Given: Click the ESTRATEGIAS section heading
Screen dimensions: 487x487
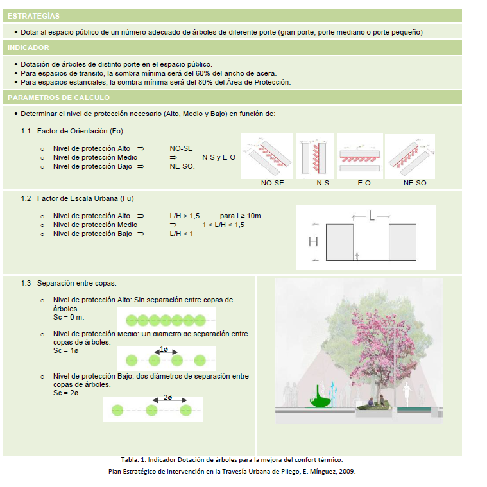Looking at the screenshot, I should tap(34, 16).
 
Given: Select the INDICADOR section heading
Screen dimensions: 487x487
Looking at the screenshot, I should tap(28, 47).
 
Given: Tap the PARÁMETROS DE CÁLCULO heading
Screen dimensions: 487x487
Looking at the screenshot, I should tap(58, 98).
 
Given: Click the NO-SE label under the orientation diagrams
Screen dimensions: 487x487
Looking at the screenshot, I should tap(272, 183).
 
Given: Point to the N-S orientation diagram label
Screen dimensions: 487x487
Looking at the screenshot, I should tap(323, 183).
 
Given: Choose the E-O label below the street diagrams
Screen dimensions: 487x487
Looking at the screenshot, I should tap(364, 183).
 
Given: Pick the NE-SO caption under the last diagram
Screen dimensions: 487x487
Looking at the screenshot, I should tap(414, 183).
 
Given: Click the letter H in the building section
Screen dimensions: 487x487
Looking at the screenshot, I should tap(313, 242).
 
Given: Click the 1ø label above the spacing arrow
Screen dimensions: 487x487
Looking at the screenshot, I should tap(164, 350).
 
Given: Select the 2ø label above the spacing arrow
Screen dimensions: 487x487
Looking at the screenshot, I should tap(167, 398).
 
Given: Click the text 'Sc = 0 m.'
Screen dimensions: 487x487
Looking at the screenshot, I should tap(69, 317).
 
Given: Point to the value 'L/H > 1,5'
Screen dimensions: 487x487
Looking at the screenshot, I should tap(184, 216).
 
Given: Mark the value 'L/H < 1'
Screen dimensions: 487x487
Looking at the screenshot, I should tap(181, 234).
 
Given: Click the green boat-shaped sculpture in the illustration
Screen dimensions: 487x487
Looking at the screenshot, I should tap(322, 397).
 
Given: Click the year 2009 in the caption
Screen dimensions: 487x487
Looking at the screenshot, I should tap(346, 471).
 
